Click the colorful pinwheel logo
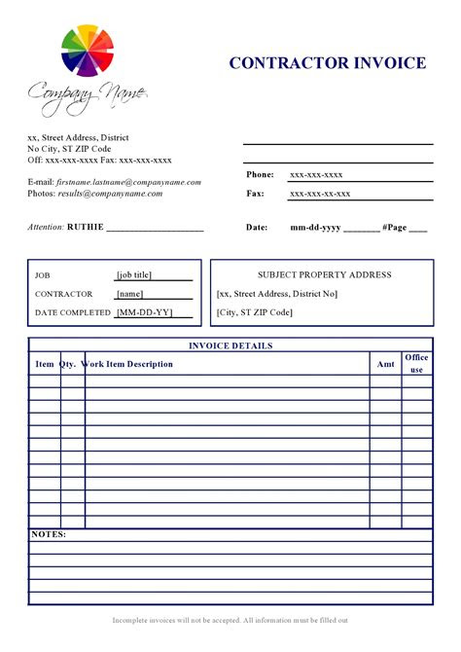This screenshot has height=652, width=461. (x=89, y=52)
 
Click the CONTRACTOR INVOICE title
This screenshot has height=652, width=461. (x=328, y=63)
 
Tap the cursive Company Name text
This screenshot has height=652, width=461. (x=87, y=94)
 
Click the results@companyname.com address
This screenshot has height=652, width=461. (x=109, y=194)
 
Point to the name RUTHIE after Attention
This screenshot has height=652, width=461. (x=84, y=227)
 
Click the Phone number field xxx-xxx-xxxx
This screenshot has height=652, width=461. (x=316, y=175)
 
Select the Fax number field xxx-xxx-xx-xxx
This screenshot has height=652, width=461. (x=320, y=194)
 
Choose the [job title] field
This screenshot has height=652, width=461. (x=134, y=274)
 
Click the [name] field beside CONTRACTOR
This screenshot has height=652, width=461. (x=129, y=293)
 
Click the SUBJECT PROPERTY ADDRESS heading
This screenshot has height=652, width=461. (x=324, y=274)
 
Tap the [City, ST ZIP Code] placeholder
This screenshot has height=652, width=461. (x=255, y=312)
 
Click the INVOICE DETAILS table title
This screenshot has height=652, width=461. (x=230, y=345)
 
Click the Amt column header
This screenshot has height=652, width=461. (x=385, y=364)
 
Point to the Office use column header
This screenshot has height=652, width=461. (x=416, y=364)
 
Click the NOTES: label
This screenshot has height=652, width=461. (x=49, y=534)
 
